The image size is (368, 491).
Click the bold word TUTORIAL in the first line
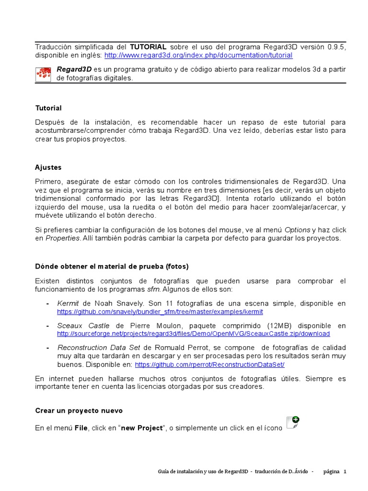click(x=148, y=47)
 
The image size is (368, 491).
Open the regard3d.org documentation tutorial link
click(x=198, y=55)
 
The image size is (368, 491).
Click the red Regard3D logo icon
click(x=44, y=74)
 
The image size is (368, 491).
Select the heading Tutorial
click(x=48, y=108)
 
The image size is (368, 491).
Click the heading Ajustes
click(x=48, y=168)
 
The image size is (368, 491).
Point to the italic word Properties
click(x=62, y=238)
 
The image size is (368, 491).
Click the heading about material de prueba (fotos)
click(x=112, y=267)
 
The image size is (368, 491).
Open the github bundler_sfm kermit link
click(x=160, y=312)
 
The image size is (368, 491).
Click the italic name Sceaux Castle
click(x=83, y=326)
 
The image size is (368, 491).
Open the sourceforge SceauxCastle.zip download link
click(x=193, y=334)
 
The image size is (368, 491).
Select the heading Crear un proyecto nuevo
click(x=79, y=411)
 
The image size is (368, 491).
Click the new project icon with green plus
click(x=292, y=422)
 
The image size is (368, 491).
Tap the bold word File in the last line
click(x=81, y=428)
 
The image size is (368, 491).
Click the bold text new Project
click(x=142, y=428)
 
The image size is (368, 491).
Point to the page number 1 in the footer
click(x=345, y=472)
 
